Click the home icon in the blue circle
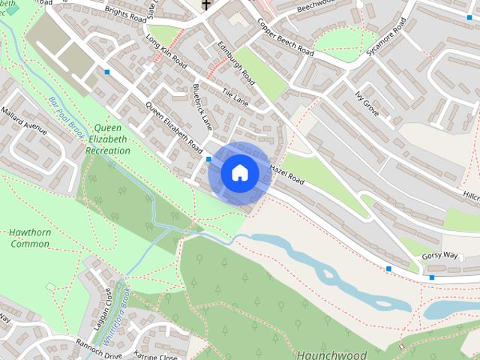239,173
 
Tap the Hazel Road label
286,175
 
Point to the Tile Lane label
235,96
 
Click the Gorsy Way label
439,255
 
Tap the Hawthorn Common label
30,238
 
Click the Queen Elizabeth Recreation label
108,139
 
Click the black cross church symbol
205,5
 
